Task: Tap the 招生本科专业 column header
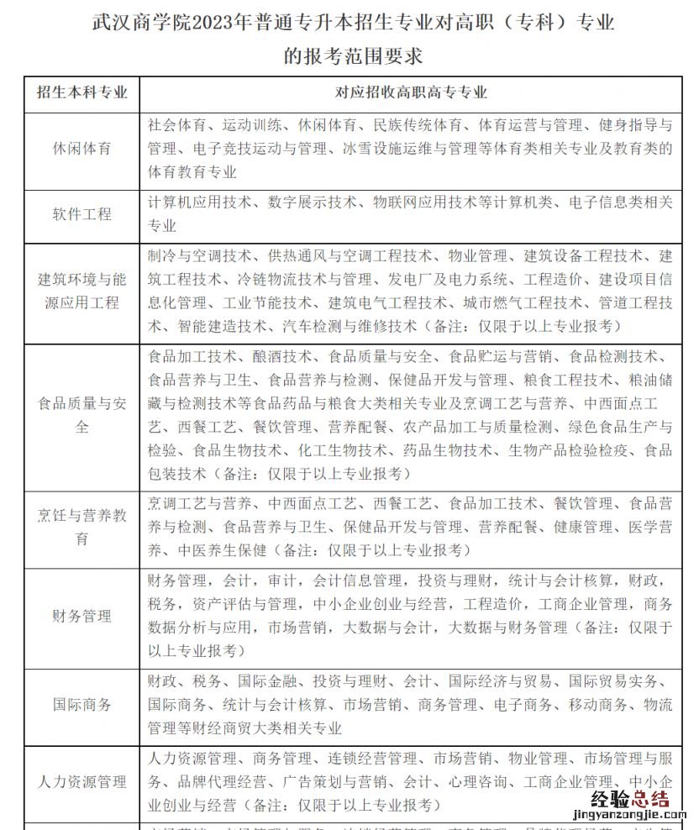(x=81, y=92)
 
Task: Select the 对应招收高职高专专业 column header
(x=411, y=92)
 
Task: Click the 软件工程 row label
(x=81, y=214)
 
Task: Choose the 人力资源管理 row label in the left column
(x=81, y=782)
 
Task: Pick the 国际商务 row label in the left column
(x=81, y=705)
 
